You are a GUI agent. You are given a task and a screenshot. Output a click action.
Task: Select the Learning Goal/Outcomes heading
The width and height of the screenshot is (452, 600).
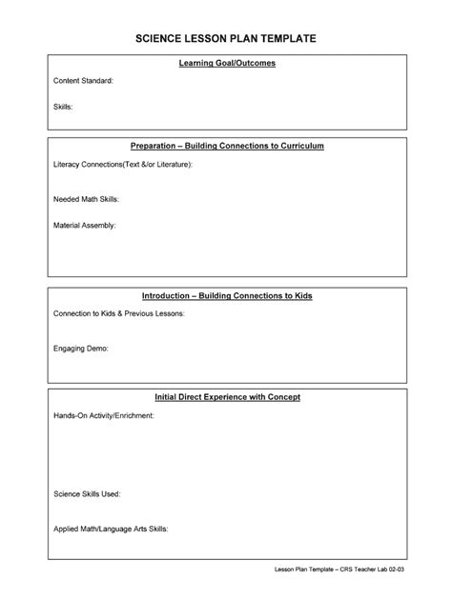click(227, 63)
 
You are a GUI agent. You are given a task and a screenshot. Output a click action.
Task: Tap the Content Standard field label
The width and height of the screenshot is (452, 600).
click(83, 81)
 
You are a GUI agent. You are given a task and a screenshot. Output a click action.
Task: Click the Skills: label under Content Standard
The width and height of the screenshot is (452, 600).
click(63, 107)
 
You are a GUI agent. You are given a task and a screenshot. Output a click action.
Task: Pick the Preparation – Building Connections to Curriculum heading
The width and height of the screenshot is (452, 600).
click(227, 146)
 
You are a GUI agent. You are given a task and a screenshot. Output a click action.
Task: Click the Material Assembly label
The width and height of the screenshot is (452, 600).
click(84, 226)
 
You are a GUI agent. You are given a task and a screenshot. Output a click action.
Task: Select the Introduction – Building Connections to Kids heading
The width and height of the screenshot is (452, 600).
click(227, 295)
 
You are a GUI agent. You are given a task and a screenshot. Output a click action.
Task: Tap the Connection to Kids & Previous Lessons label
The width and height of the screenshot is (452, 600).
click(118, 313)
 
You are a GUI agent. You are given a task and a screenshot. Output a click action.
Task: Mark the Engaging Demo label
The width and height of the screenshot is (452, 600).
click(80, 349)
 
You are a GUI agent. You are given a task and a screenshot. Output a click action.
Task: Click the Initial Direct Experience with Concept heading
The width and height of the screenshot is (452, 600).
click(227, 396)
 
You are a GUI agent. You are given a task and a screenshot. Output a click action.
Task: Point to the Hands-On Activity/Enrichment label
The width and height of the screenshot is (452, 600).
click(103, 416)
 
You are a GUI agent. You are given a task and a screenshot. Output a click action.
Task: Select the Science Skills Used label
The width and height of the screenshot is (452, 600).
click(86, 495)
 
